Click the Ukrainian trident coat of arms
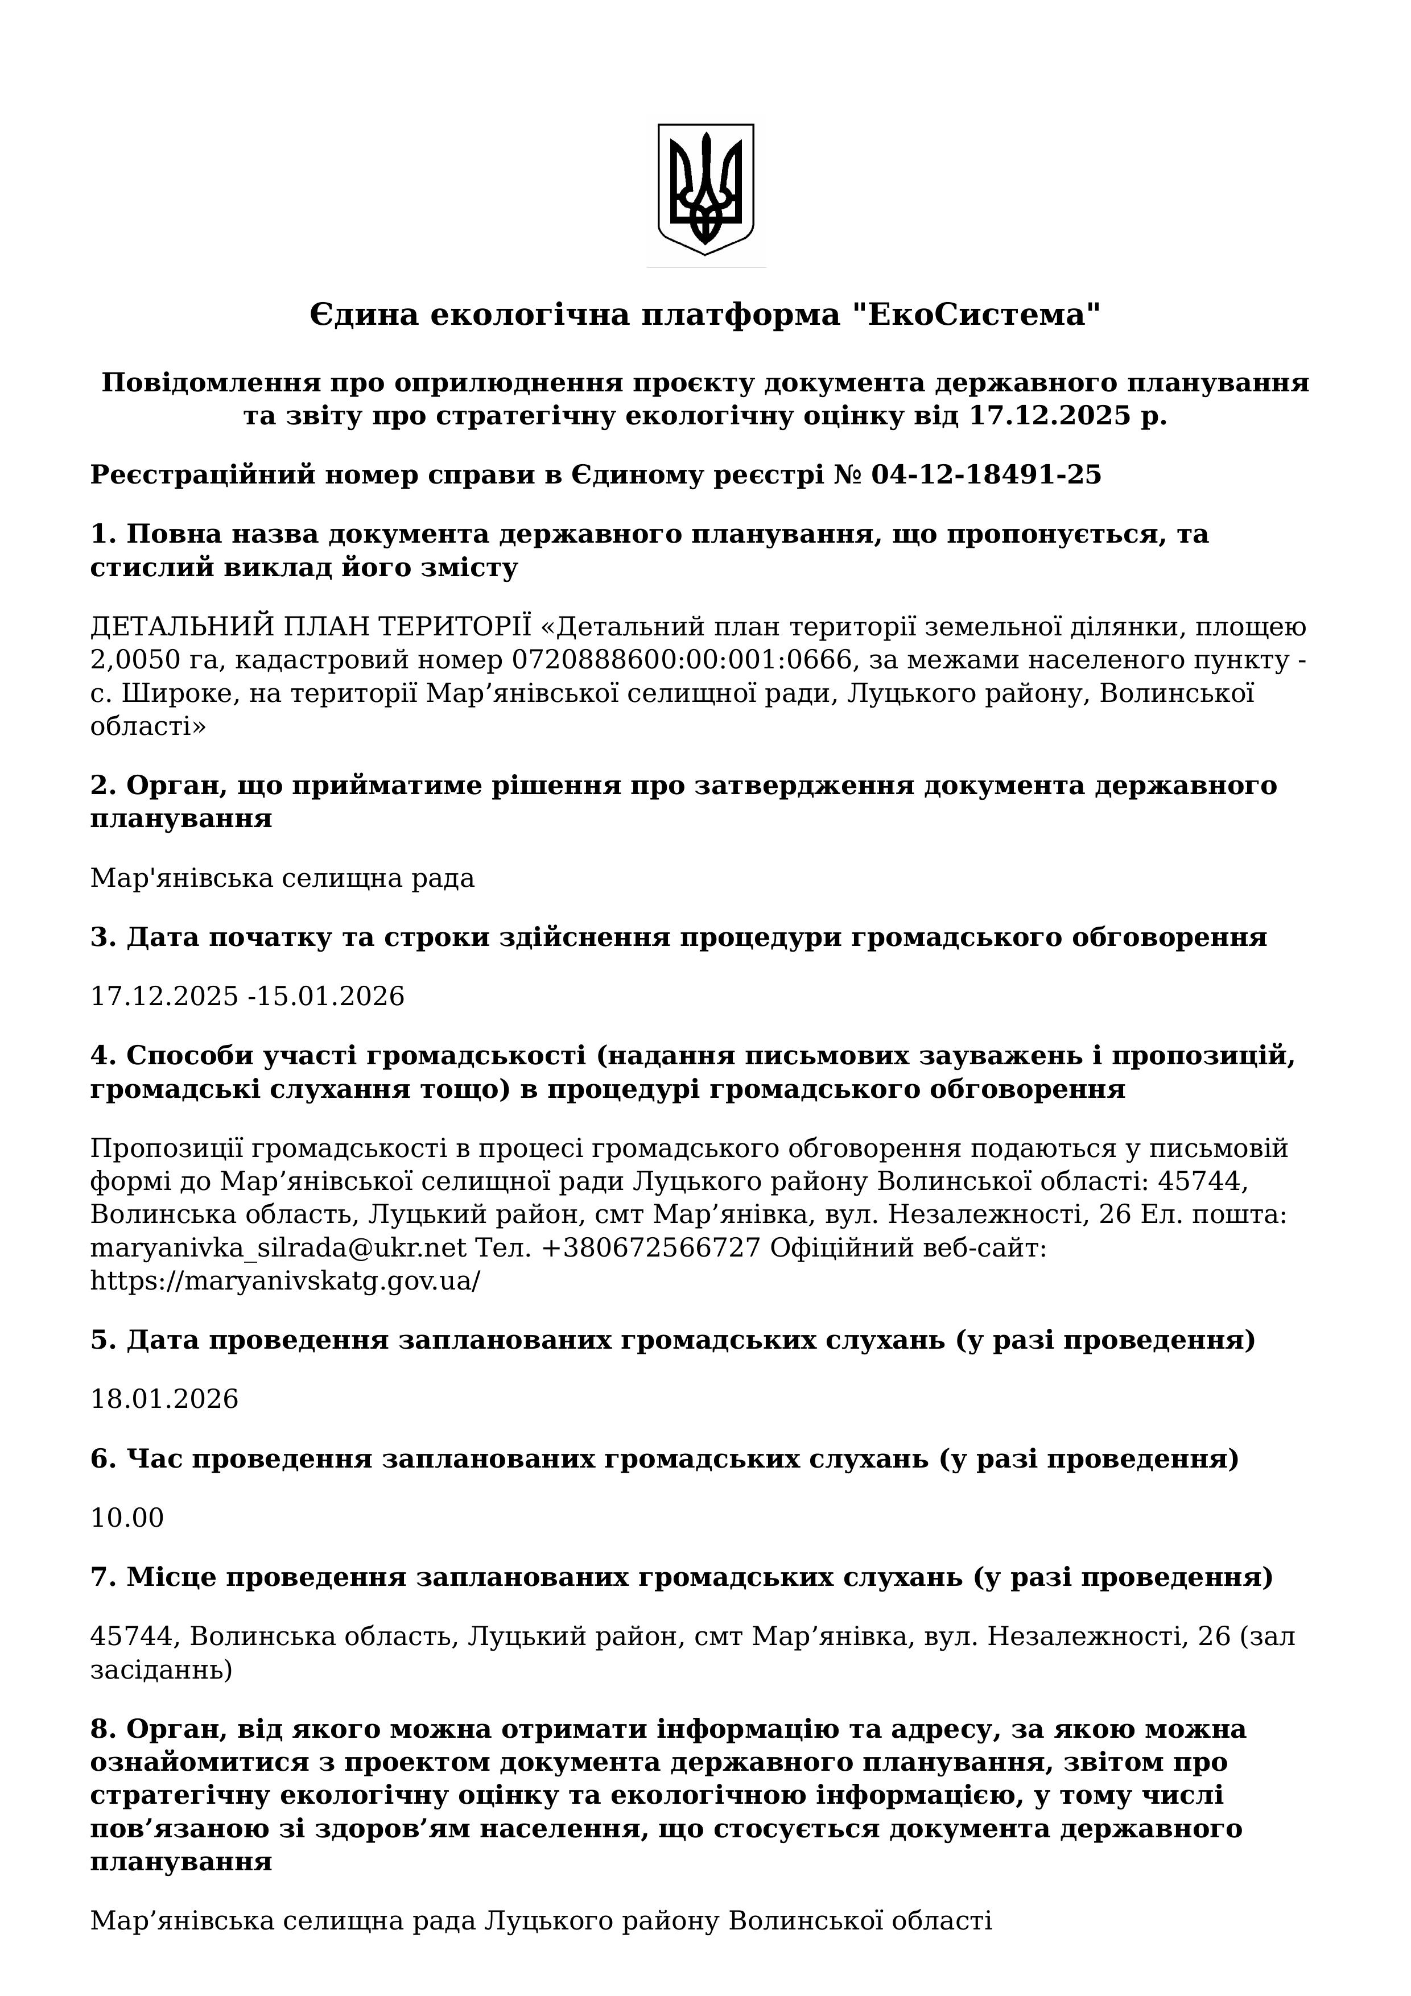point(705,189)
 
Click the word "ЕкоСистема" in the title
point(971,315)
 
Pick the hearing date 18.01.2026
point(164,1399)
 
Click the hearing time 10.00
point(127,1518)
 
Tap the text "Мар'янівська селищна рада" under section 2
point(283,879)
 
